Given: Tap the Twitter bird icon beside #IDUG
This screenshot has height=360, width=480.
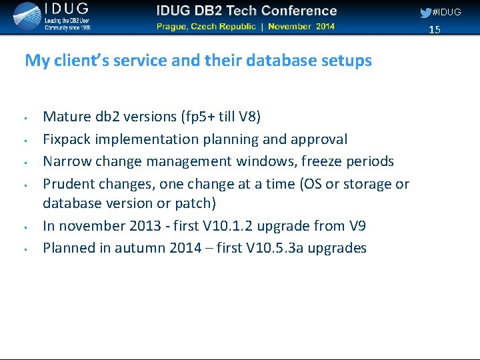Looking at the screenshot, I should [x=425, y=13].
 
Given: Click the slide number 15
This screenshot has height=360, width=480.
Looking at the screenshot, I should [x=435, y=29].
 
